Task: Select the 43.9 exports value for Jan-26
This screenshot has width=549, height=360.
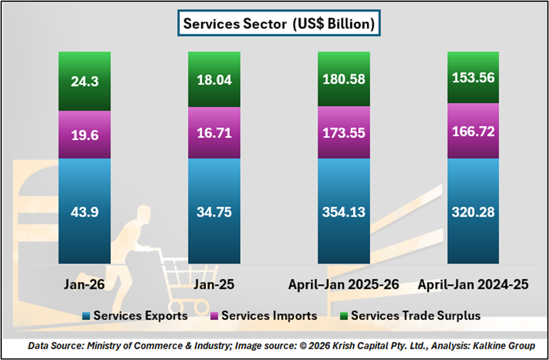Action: pyautogui.click(x=84, y=212)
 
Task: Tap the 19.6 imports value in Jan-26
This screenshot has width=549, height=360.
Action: pyautogui.click(x=84, y=134)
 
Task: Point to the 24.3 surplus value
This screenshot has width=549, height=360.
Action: pyautogui.click(x=84, y=81)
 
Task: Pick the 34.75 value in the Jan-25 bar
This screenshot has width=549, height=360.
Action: pyautogui.click(x=214, y=212)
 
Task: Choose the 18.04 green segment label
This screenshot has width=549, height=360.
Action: pyautogui.click(x=214, y=81)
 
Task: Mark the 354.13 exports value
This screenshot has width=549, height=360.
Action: pyautogui.click(x=343, y=212)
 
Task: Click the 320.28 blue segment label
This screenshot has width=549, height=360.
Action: pyautogui.click(x=473, y=212)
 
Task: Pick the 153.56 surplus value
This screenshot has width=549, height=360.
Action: pyautogui.click(x=473, y=79)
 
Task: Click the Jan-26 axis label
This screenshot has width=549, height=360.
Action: pyautogui.click(x=84, y=285)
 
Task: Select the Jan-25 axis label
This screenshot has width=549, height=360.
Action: pyautogui.click(x=214, y=285)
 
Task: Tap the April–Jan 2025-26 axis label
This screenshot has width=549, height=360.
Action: pyautogui.click(x=343, y=285)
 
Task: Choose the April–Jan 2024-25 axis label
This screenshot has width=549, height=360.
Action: pyautogui.click(x=473, y=285)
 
